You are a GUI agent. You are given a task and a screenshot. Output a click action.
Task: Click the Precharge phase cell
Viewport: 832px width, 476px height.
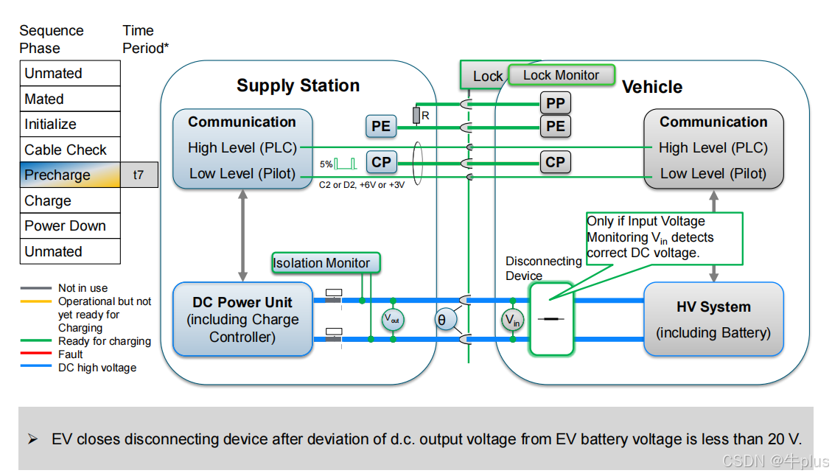(x=70, y=175)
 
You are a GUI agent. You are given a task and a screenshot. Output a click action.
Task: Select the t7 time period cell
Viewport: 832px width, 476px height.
(x=139, y=175)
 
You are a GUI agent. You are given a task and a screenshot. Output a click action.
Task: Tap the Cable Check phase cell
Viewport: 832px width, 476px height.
(x=70, y=150)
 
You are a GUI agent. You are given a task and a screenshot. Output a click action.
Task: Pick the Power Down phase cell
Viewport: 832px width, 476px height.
(x=70, y=226)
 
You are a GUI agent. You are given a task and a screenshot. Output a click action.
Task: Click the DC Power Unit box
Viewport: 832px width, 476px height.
(x=243, y=320)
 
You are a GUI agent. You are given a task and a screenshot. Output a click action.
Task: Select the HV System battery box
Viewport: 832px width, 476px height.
(x=713, y=320)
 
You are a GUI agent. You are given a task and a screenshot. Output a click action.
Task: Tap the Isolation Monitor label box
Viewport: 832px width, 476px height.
(x=321, y=263)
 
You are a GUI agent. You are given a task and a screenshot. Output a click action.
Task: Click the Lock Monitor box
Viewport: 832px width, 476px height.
(x=561, y=75)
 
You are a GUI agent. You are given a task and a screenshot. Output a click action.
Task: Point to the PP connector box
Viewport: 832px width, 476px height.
(x=555, y=103)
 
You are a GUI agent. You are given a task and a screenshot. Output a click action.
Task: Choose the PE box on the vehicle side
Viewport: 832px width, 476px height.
(x=555, y=126)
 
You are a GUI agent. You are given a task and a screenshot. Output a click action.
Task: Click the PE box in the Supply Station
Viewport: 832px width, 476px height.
(x=381, y=126)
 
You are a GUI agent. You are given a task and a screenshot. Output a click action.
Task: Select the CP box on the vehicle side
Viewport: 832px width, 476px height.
(x=555, y=162)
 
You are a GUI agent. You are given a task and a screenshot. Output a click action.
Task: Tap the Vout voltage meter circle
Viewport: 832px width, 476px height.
(x=393, y=320)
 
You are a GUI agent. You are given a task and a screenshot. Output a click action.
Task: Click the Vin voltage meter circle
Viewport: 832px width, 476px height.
(x=512, y=320)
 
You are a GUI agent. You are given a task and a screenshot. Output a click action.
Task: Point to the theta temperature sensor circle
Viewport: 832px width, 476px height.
(x=442, y=320)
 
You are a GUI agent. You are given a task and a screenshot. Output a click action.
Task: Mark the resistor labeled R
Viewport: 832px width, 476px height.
(x=416, y=115)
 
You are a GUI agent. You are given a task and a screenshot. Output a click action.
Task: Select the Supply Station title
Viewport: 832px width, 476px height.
(x=298, y=85)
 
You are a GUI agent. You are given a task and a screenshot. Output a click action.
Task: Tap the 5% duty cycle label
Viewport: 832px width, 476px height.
(x=326, y=164)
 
